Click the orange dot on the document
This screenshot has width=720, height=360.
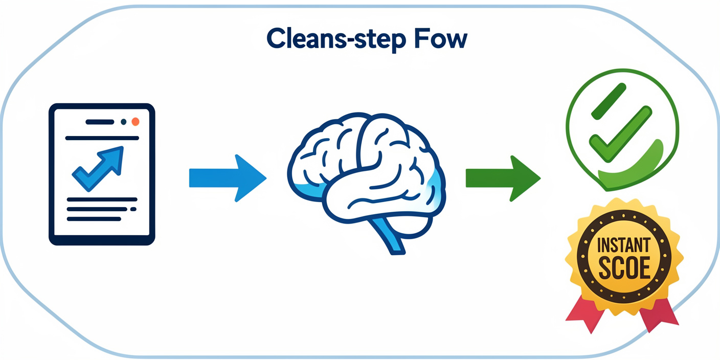click(x=135, y=122)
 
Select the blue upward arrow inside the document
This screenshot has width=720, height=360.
click(x=100, y=166)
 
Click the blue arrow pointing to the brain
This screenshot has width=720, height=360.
click(x=227, y=178)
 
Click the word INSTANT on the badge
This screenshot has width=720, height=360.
click(x=623, y=245)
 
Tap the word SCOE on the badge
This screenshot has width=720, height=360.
click(x=624, y=267)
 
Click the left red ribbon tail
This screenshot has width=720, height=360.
click(x=584, y=312)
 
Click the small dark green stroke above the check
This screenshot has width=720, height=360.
click(x=609, y=100)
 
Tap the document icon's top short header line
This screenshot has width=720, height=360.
click(x=100, y=122)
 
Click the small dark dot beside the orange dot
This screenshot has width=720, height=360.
click(x=123, y=122)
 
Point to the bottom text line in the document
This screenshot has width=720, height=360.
click(x=94, y=219)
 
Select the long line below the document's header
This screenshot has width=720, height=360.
click(x=102, y=138)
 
